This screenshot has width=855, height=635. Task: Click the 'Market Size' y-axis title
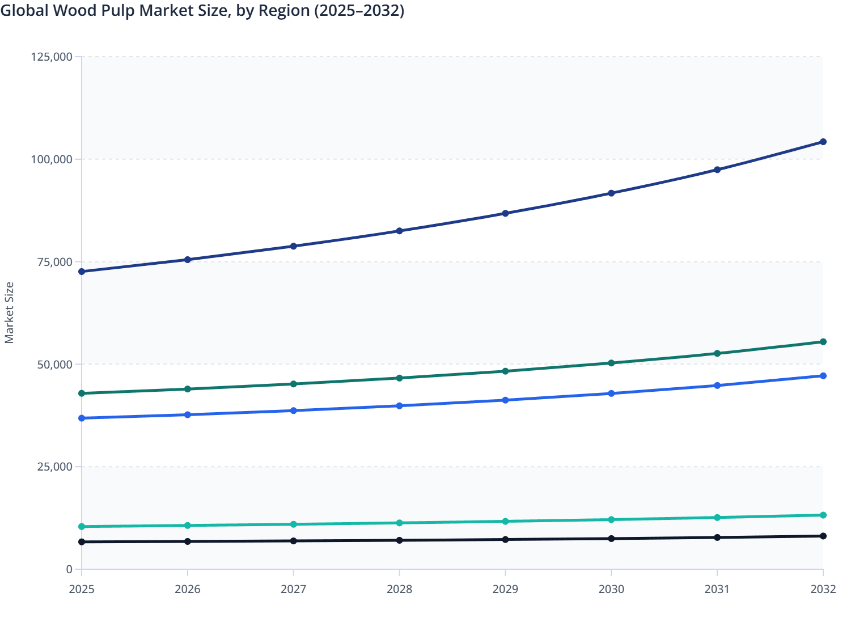tap(9, 312)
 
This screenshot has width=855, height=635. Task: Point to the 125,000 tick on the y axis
tap(52, 57)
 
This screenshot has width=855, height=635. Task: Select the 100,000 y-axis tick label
tap(52, 159)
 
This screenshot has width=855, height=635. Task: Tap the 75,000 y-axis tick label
tap(55, 262)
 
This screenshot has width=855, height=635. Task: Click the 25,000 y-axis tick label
tap(55, 467)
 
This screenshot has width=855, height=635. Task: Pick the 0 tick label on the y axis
tap(69, 569)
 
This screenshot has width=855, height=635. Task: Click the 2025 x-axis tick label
tap(82, 589)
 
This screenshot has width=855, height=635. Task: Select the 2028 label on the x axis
tap(399, 589)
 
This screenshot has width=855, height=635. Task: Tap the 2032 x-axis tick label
tap(823, 589)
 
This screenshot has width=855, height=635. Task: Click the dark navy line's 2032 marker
tap(823, 142)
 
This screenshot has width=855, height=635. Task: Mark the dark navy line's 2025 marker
tap(82, 272)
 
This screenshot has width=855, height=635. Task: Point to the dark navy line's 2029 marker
tap(505, 213)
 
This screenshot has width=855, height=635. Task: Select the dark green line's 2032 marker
tap(823, 342)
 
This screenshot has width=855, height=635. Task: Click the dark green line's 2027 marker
tap(294, 384)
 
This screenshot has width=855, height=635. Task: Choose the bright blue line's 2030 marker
tap(611, 393)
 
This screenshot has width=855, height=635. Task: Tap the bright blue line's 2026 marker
tap(188, 414)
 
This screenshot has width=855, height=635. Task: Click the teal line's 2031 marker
tap(717, 518)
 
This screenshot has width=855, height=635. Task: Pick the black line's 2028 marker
tap(399, 540)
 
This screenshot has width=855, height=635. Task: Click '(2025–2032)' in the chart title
tap(359, 10)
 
